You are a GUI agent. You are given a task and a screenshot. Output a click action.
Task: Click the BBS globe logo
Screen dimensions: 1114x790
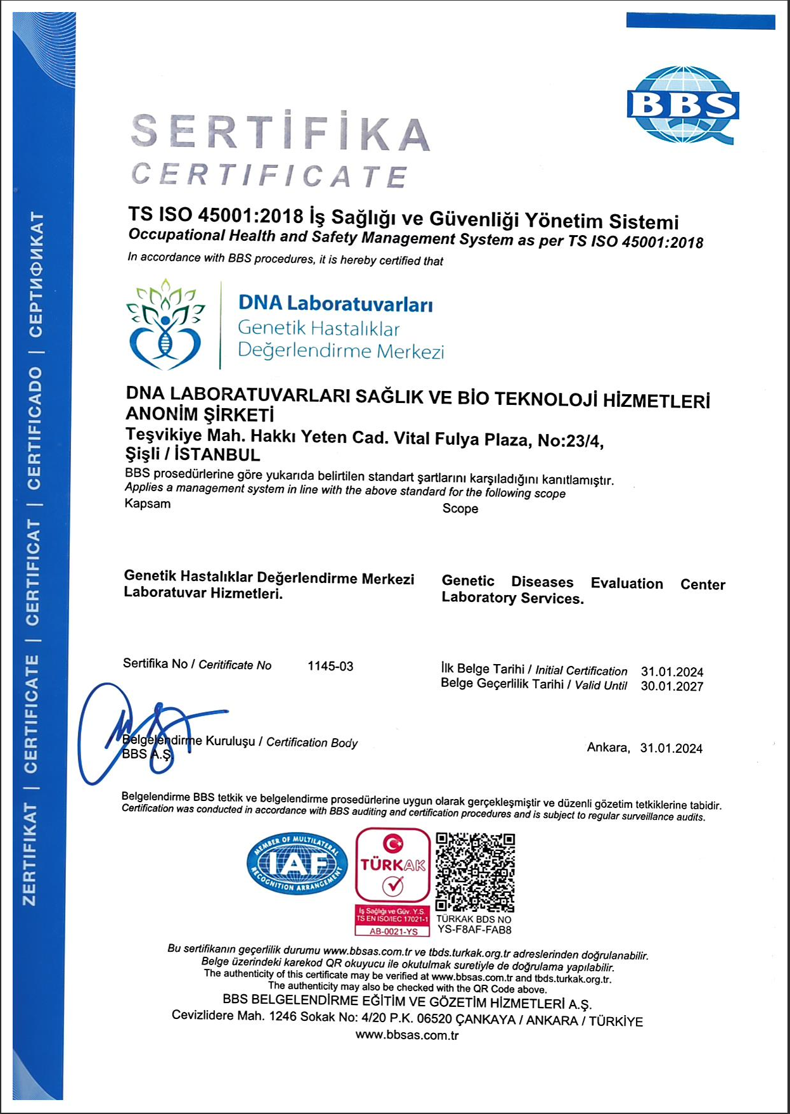click(x=683, y=105)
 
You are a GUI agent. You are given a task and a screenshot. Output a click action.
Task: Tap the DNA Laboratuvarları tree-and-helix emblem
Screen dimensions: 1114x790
click(x=166, y=324)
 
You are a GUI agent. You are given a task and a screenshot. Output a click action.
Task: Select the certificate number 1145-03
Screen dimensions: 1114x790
click(x=330, y=666)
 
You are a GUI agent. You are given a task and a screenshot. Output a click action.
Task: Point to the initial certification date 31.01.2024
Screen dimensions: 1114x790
click(x=672, y=672)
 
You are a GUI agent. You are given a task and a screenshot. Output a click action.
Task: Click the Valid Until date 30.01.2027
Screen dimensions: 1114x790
click(x=672, y=686)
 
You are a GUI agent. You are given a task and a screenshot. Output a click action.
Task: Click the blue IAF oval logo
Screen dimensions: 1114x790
click(x=297, y=863)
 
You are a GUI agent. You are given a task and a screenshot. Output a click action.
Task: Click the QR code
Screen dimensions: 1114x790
click(x=476, y=872)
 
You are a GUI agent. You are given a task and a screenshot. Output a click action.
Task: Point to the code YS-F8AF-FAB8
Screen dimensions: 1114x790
click(x=474, y=930)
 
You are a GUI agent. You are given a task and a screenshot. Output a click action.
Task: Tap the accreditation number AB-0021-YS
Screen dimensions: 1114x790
click(x=393, y=932)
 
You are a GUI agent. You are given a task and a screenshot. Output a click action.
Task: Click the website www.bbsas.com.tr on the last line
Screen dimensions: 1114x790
click(x=406, y=1035)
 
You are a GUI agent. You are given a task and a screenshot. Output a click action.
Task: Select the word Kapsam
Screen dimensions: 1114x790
click(x=148, y=504)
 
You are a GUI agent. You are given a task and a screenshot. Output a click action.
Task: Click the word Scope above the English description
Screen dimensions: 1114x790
click(x=460, y=509)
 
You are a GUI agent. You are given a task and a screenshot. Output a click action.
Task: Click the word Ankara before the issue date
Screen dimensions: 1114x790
click(x=608, y=748)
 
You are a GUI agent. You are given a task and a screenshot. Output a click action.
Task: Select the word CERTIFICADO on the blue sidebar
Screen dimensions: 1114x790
click(x=34, y=428)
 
